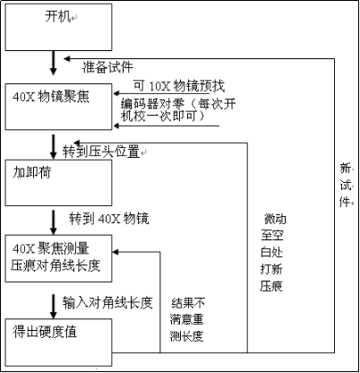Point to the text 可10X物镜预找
178,87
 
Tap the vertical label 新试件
345,184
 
